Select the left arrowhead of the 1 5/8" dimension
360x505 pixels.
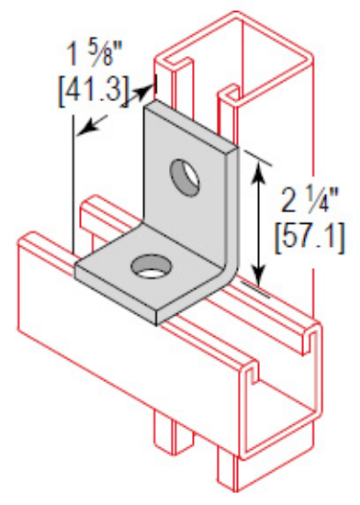click(x=82, y=128)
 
